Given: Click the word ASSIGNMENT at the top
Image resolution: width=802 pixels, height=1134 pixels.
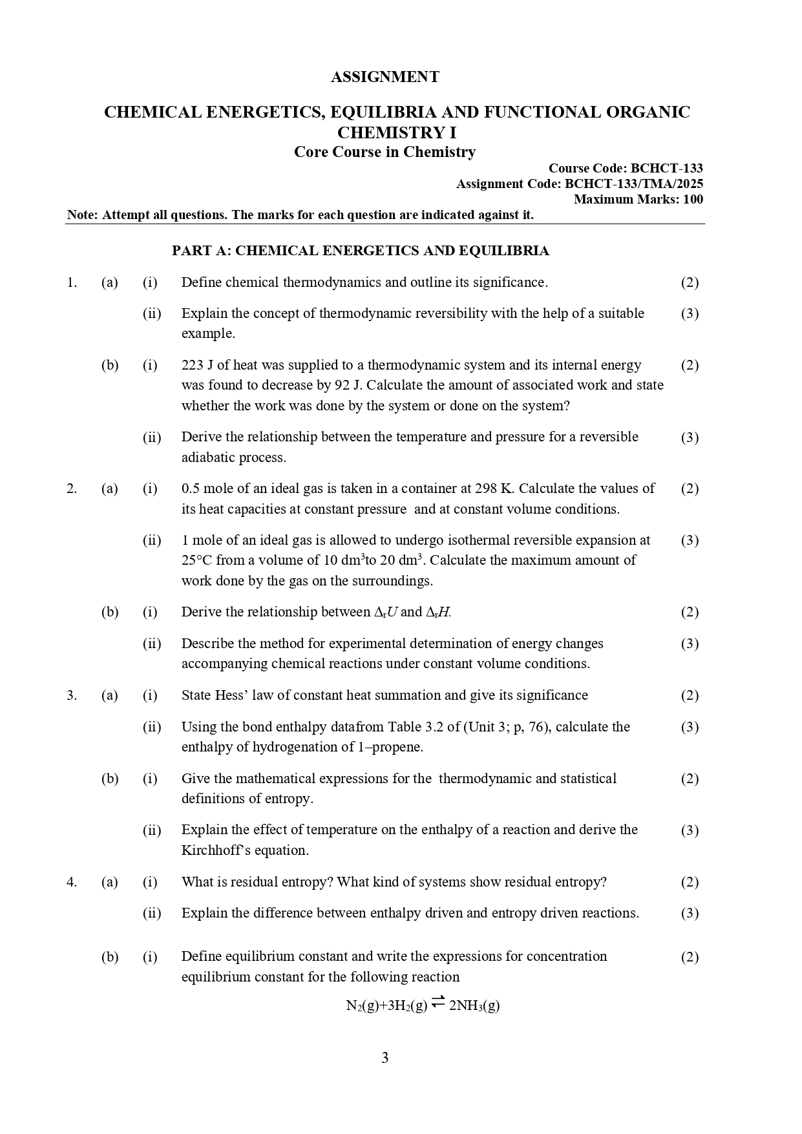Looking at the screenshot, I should [x=385, y=77].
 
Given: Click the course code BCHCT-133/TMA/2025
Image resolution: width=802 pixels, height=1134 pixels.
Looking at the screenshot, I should [x=633, y=184].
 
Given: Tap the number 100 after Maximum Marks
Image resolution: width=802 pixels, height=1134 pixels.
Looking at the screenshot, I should [x=692, y=200].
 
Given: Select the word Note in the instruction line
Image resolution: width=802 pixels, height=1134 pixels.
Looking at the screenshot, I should [x=81, y=215].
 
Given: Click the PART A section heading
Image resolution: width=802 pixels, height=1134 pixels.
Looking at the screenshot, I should [x=360, y=251].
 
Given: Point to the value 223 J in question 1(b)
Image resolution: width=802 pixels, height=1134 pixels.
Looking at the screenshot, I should [x=197, y=365].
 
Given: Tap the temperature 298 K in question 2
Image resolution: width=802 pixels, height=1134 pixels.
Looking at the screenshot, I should [x=494, y=488].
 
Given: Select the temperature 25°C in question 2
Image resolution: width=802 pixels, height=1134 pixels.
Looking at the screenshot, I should [x=196, y=560].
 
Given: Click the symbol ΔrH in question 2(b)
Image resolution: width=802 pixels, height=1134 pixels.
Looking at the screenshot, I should [x=438, y=612].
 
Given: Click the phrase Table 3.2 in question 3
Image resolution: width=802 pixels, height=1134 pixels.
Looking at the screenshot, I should [x=416, y=727].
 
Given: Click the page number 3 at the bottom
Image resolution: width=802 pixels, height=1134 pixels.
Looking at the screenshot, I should [x=385, y=1058].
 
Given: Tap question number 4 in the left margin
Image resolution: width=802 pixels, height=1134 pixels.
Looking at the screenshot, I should [x=71, y=882].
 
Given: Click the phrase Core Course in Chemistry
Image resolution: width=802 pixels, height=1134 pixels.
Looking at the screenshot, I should [x=385, y=152].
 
